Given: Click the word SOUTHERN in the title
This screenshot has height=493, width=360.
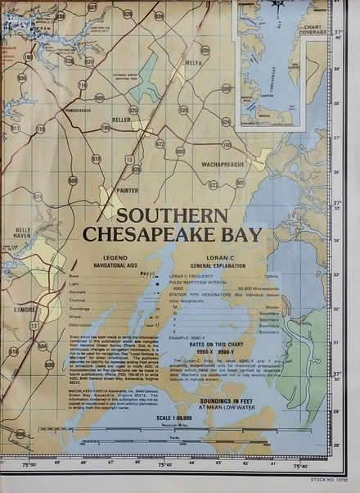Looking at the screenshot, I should click(x=171, y=217).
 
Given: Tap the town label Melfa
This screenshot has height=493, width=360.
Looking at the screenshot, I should click(x=192, y=63).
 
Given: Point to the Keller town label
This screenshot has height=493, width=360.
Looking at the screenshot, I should click(x=121, y=120).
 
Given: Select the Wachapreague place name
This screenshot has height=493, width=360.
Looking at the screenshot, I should click(x=218, y=152).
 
